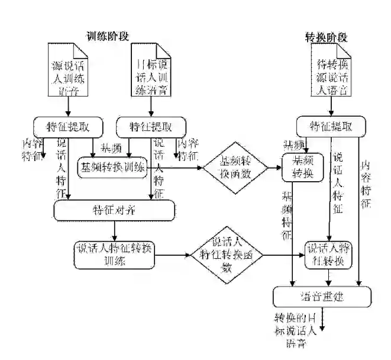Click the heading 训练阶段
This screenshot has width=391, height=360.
tap(107, 37)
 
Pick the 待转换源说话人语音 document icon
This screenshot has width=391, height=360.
tap(331, 73)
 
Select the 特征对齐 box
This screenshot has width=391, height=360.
tap(115, 210)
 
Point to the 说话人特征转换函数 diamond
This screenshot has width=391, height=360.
tap(227, 255)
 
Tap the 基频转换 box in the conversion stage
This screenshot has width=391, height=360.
tap(302, 167)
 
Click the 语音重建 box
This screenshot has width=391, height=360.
tap(322, 295)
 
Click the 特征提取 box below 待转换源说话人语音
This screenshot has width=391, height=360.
tap(331, 126)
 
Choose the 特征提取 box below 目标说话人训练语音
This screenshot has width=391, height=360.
tap(150, 126)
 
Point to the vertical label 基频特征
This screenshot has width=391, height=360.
tap(287, 214)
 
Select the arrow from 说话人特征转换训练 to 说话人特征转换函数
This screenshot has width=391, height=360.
tap(174, 255)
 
